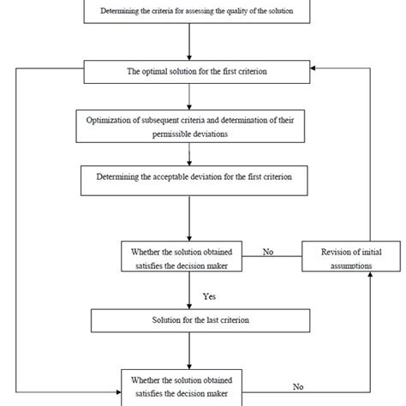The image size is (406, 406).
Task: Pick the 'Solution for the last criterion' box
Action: [x=189, y=321]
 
